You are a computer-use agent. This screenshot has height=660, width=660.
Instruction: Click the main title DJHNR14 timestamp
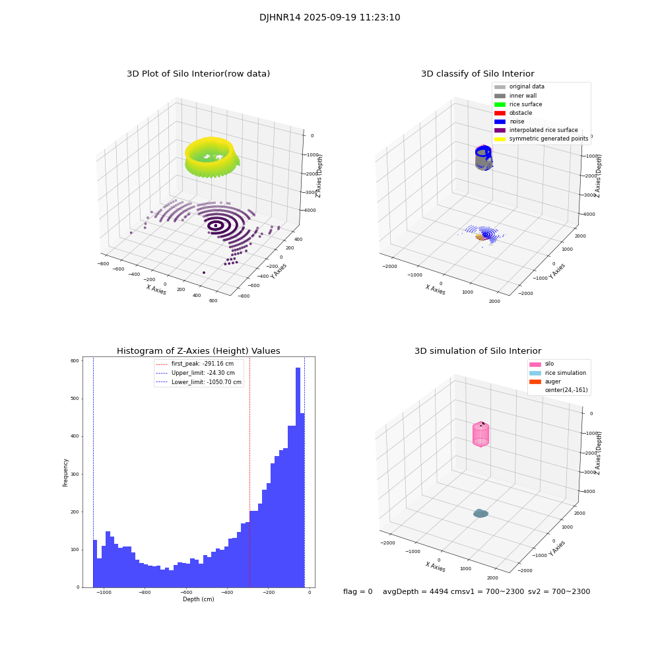point(329,18)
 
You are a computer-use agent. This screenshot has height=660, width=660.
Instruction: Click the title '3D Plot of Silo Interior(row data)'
point(198,74)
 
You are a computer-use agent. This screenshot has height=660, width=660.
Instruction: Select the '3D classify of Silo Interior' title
point(477,74)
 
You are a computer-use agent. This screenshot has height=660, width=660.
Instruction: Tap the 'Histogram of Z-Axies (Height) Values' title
point(198,351)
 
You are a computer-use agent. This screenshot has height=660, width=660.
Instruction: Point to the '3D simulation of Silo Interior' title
point(477,351)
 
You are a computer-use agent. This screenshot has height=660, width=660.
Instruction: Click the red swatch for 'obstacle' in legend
point(500,113)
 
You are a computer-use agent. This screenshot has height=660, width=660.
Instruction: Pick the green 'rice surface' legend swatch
point(500,104)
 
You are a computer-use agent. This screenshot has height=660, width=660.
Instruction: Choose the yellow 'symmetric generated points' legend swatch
point(500,139)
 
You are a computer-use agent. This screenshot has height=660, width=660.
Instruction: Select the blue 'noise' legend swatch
point(500,121)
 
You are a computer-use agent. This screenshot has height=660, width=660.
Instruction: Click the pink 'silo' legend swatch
point(535,364)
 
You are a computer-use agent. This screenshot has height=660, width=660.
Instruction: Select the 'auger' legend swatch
point(535,381)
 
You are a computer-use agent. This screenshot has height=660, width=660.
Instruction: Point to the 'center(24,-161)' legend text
point(566,390)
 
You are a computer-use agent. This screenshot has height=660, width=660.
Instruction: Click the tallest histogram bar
point(298,475)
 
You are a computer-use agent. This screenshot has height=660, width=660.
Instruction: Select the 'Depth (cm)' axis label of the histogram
point(198,599)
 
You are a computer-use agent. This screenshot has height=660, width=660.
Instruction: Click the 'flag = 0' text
point(358,592)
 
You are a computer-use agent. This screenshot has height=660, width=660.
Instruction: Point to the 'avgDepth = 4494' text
point(416,592)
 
